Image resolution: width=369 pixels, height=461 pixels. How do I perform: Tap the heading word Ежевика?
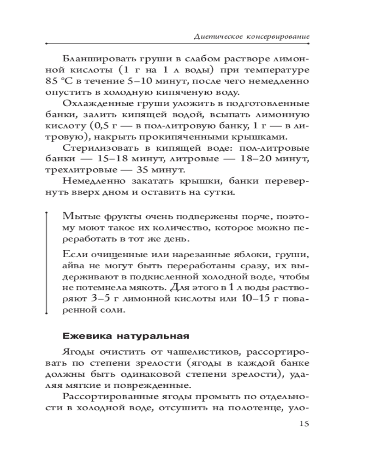pyautogui.click(x=83, y=334)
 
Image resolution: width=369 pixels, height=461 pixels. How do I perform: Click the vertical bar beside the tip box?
pyautogui.click(x=47, y=263)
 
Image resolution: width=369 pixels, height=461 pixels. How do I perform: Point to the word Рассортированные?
pyautogui.click(x=108, y=397)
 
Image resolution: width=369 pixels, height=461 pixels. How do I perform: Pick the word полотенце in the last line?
pyautogui.click(x=255, y=408)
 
